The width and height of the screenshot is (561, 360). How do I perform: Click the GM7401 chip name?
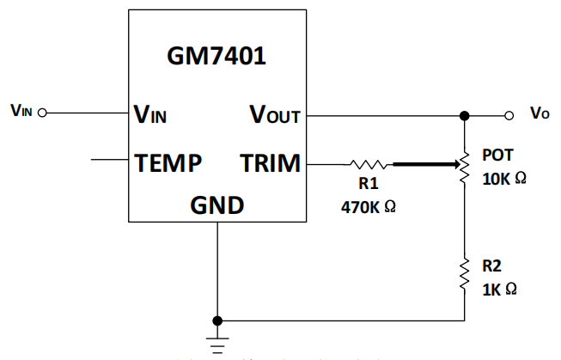click(x=216, y=57)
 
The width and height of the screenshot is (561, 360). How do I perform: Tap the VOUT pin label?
click(x=275, y=114)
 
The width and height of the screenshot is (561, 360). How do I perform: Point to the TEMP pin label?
click(x=168, y=162)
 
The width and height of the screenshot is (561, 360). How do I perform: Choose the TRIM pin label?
click(x=270, y=162)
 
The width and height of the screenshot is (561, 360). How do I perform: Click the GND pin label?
click(x=216, y=206)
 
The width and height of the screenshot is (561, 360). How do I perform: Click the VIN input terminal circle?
click(x=42, y=112)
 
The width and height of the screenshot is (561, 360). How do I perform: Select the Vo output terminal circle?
click(x=509, y=115)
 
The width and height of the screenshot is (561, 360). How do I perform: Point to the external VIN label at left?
click(x=21, y=112)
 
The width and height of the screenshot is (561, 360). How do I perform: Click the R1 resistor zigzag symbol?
click(x=369, y=162)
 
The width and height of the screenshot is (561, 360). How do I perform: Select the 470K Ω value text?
click(x=368, y=206)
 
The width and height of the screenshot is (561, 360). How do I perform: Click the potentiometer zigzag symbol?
click(x=465, y=162)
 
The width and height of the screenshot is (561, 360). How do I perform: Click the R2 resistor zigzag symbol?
click(x=465, y=273)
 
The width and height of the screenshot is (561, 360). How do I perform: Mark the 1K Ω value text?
click(x=499, y=290)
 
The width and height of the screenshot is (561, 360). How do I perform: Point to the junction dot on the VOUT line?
click(x=465, y=115)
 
